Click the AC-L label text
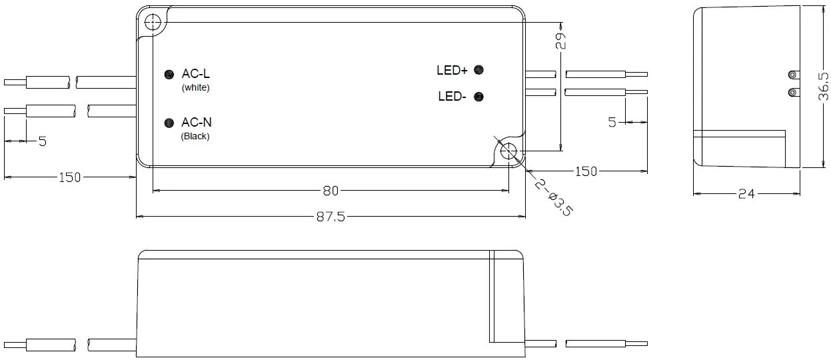(x=196, y=74)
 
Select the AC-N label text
(x=197, y=123)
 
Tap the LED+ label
(x=452, y=70)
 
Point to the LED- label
(x=452, y=97)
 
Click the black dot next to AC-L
(x=169, y=75)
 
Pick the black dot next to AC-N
(x=169, y=123)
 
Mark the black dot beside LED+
(x=478, y=69)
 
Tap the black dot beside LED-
(x=478, y=97)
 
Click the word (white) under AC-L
(x=195, y=87)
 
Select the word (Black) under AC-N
(x=195, y=136)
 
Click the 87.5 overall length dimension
(x=329, y=217)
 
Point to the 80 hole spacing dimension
(x=331, y=191)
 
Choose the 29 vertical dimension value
(x=560, y=41)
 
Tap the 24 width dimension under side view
(x=746, y=194)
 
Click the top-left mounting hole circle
(x=153, y=21)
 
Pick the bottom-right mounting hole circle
(x=509, y=151)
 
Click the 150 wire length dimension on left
(x=69, y=177)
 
